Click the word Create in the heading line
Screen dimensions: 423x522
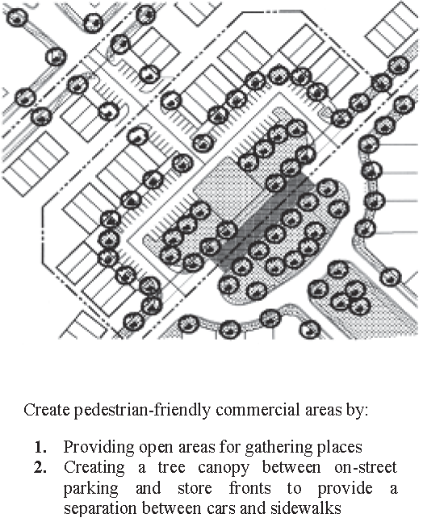[46, 410]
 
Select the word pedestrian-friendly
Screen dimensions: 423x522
[142, 411]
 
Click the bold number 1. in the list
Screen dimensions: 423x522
[40, 447]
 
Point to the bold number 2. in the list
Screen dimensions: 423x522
[40, 467]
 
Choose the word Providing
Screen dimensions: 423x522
[99, 448]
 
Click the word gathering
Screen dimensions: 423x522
[279, 448]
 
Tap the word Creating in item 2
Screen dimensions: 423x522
[94, 468]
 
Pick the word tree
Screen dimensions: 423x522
[171, 468]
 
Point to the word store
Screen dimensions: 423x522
[195, 489]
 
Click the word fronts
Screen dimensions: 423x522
[249, 488]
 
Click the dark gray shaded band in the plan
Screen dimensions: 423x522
[266, 221]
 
